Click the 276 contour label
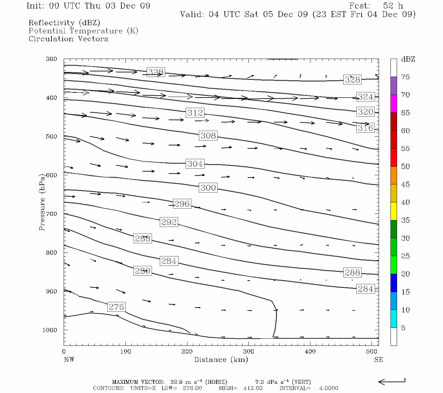[x=116, y=307]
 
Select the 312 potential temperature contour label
[x=195, y=113]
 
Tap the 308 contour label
[x=208, y=135]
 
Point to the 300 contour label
[x=208, y=188]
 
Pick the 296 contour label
[x=181, y=204]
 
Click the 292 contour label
[x=169, y=222]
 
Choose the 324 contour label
[x=365, y=97]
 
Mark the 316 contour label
[x=365, y=128]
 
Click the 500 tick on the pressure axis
[x=52, y=137]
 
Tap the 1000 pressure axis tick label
[x=50, y=330]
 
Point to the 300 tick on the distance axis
[x=248, y=352]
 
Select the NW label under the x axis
[x=69, y=360]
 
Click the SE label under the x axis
[x=378, y=360]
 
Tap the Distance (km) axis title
[x=221, y=360]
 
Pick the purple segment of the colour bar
[x=393, y=86]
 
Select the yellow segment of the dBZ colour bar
[x=393, y=211]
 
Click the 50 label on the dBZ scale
[x=405, y=166]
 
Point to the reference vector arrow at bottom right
[x=392, y=382]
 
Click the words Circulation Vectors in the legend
[x=68, y=39]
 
